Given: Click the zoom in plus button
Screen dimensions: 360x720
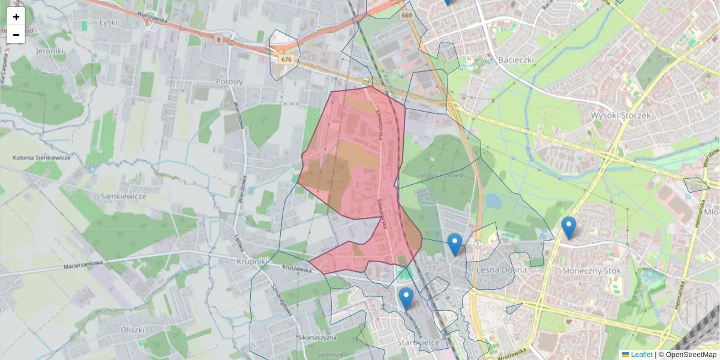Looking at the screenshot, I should click(16, 17).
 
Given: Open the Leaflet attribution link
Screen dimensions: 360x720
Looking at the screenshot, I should click(641, 355).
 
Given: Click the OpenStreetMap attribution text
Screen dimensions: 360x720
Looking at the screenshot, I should click(691, 355).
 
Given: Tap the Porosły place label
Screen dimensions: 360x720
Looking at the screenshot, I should click(229, 82).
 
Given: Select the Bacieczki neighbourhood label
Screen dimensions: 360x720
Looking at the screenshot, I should click(516, 59).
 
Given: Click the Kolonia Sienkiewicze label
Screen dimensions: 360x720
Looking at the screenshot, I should click(41, 158).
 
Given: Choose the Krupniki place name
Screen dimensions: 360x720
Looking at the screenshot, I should click(251, 262).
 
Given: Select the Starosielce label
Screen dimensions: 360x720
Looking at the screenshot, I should click(419, 343).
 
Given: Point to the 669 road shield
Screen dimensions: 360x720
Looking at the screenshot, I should click(407, 16).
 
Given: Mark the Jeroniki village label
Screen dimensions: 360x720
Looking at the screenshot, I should click(50, 51).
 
